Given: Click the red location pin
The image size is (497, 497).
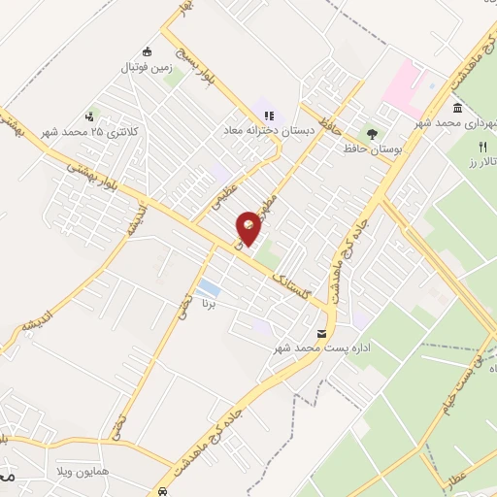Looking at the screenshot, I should click(250, 228).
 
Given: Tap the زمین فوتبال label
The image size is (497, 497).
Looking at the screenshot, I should click(145, 68).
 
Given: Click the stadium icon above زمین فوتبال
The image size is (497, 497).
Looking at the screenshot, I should click(147, 51).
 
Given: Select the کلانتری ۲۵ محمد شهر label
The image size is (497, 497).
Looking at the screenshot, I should click(91, 131).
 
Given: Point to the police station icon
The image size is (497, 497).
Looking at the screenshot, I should click(91, 115).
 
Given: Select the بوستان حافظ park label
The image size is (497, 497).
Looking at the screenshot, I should click(372, 149).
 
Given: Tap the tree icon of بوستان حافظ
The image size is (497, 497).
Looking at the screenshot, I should click(371, 133).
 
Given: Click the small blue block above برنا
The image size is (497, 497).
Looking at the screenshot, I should click(207, 288).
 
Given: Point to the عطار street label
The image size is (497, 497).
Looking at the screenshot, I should click(460, 478).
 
